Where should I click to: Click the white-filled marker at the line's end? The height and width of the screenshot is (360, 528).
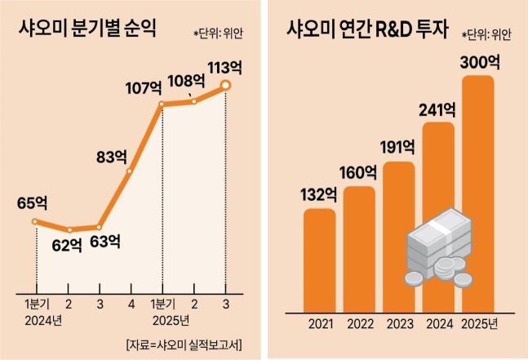point(226,85)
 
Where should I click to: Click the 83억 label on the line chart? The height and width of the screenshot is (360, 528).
point(111,154)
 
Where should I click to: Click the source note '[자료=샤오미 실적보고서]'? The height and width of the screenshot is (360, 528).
point(184,342)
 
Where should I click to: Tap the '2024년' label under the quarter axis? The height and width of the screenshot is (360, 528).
point(42,318)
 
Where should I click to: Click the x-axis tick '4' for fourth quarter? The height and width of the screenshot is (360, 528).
point(130,304)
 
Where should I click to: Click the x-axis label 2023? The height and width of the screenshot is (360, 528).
point(400,324)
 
